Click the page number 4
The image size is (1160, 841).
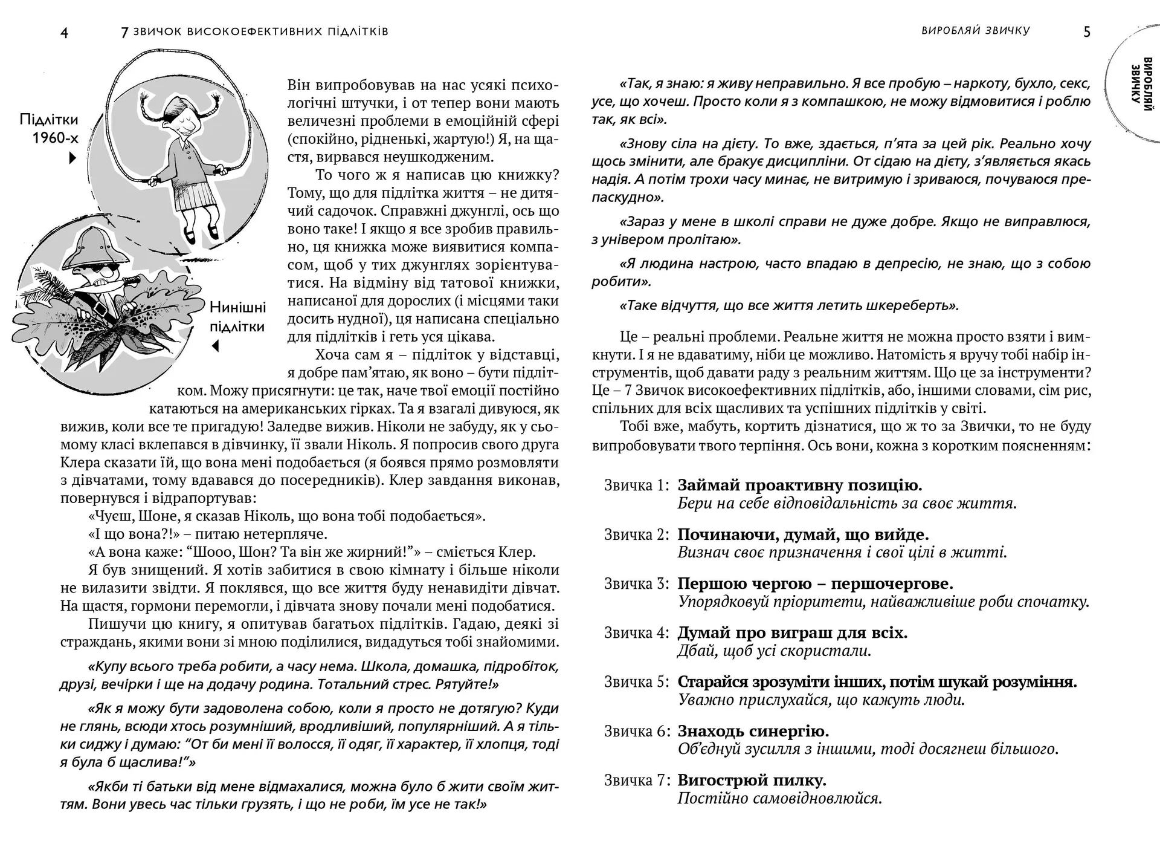click(65, 33)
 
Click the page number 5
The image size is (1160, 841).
click(1087, 32)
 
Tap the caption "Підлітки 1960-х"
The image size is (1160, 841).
click(49, 128)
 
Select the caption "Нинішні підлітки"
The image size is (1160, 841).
click(237, 317)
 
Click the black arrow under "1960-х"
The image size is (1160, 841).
click(72, 158)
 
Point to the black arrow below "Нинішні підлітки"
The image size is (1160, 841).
click(215, 346)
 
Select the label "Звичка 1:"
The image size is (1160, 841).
click(637, 485)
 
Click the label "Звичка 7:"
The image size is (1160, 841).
click(637, 781)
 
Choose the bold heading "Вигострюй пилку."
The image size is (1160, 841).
click(752, 781)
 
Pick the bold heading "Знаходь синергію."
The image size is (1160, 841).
click(753, 732)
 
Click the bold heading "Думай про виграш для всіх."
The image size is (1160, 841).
click(792, 633)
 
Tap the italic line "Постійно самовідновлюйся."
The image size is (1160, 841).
click(779, 799)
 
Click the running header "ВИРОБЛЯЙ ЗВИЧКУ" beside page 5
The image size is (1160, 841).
click(975, 31)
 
